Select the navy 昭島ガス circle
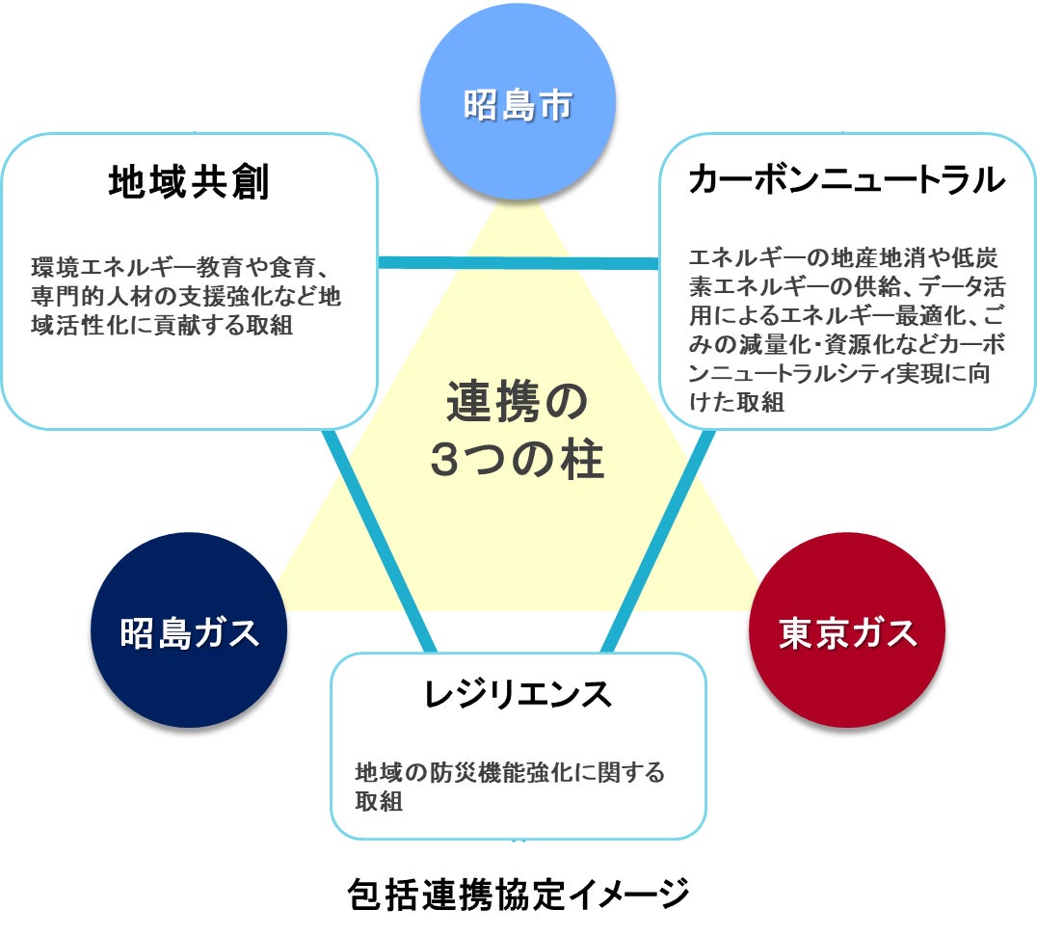point(189,632)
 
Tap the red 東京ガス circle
point(847,632)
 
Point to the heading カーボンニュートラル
point(847,180)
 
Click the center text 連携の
point(517,403)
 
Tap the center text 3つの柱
point(517,460)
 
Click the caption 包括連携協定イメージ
point(518,895)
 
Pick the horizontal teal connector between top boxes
point(518,262)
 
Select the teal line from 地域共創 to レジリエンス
point(381,540)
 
